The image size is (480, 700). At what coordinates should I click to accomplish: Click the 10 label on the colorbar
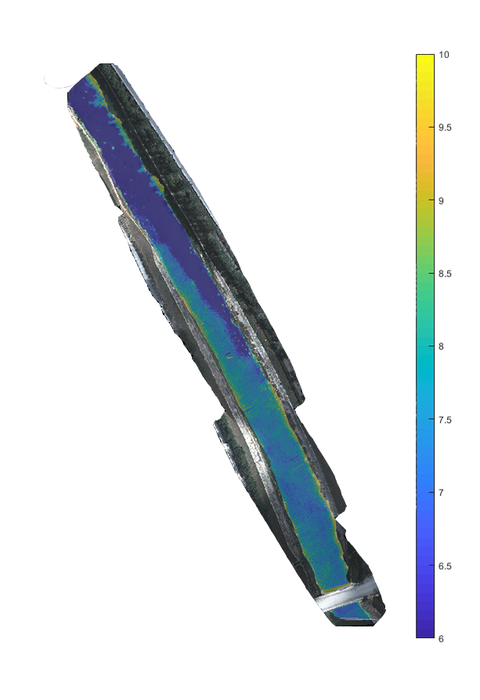click(443, 55)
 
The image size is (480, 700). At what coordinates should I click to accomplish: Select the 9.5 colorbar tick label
click(445, 128)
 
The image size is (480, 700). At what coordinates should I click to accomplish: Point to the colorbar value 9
click(441, 201)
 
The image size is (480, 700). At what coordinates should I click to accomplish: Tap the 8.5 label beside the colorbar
click(445, 274)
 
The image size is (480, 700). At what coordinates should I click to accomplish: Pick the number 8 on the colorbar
click(441, 346)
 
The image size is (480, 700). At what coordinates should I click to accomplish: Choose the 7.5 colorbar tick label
click(445, 420)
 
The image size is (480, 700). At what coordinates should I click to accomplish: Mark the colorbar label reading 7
click(441, 493)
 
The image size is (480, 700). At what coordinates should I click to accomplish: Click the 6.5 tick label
click(445, 566)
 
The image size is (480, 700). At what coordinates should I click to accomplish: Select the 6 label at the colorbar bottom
click(441, 639)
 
